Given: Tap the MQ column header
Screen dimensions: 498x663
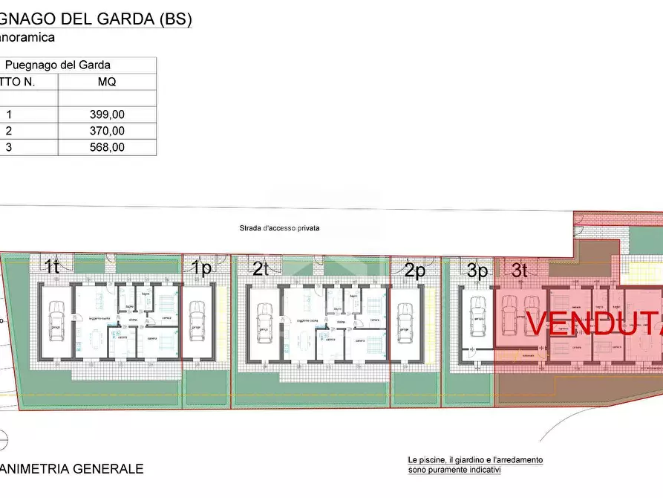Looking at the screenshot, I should pos(107,82).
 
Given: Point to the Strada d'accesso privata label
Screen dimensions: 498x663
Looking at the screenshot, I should pos(279,228).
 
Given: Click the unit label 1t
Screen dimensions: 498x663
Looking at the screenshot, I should pos(52,268).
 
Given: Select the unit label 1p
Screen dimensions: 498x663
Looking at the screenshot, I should pos(201,268).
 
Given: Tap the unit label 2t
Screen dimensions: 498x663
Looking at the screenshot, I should pos(260,268).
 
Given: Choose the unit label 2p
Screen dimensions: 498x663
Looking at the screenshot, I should pos(415,270).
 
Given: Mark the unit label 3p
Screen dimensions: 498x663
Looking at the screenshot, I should pos(477,271).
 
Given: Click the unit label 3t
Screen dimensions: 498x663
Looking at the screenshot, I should pos(519,271).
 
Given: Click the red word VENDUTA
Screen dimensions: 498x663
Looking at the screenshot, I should pos(594,322).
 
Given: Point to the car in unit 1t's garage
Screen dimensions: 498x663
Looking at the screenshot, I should pos(56,319).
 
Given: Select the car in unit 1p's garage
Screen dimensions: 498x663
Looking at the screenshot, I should pos(196,319).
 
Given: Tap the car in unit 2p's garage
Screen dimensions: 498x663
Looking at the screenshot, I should pos(405,320).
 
